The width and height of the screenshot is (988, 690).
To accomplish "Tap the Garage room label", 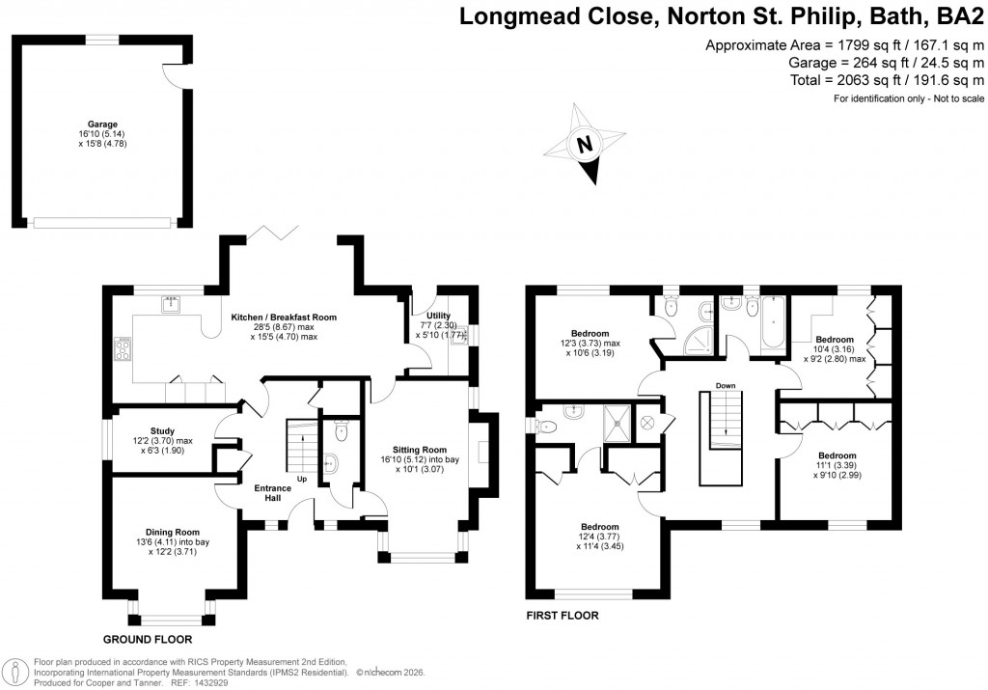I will point(103,124).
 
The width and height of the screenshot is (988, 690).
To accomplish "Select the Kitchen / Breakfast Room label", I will point(283,317).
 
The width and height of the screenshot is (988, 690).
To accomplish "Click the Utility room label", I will point(426,316).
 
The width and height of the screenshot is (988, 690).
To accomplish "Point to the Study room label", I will point(162,431).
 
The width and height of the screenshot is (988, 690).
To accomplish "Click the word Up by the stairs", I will point(302,480).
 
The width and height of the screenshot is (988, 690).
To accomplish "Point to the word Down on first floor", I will point(727,386).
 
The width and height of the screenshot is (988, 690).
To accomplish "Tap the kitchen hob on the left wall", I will point(123,347).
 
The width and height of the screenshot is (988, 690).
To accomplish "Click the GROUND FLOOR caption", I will point(148,639).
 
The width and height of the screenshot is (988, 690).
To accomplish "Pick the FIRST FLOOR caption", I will point(562,615).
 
